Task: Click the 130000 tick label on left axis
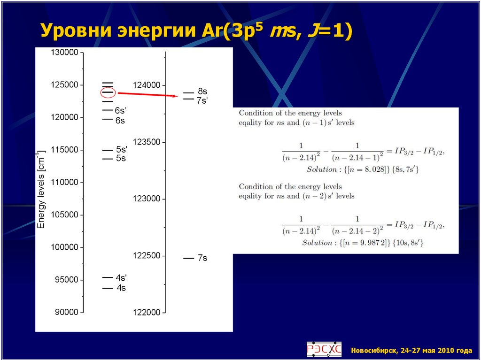64,53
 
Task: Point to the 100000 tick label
64,247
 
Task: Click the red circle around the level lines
108,92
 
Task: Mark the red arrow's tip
176,96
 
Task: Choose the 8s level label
202,92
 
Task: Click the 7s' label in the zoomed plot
202,100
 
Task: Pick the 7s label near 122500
202,258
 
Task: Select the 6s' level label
121,111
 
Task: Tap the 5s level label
121,159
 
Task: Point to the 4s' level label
121,278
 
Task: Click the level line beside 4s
108,288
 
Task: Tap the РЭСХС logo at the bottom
324,349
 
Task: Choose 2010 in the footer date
447,350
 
